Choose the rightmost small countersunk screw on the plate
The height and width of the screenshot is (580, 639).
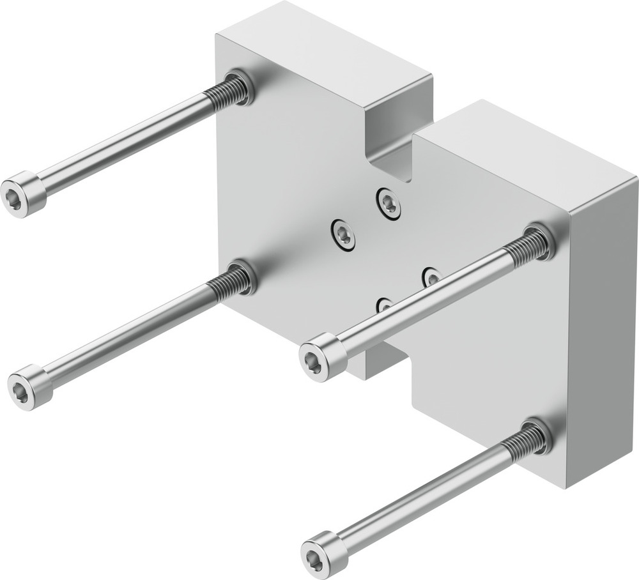click(x=431, y=276)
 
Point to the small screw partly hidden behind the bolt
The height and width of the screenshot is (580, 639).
click(x=384, y=305)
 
